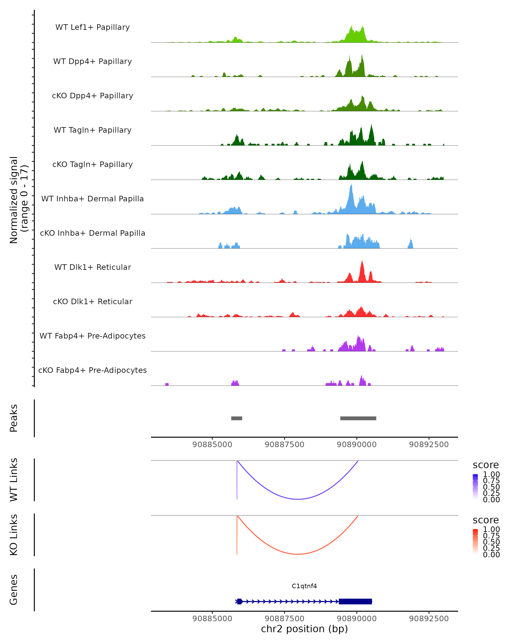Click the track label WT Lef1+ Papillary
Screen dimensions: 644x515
tap(92, 27)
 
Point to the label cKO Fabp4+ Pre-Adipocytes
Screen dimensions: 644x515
tap(92, 370)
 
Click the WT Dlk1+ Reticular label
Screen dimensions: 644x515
tap(92, 267)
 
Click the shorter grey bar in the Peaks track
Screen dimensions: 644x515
tap(236, 418)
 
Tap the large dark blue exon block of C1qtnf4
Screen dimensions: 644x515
tap(355, 601)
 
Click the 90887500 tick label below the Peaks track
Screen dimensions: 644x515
tap(284, 445)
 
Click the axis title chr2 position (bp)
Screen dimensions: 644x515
tap(304, 629)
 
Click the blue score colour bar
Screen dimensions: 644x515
tap(475, 486)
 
